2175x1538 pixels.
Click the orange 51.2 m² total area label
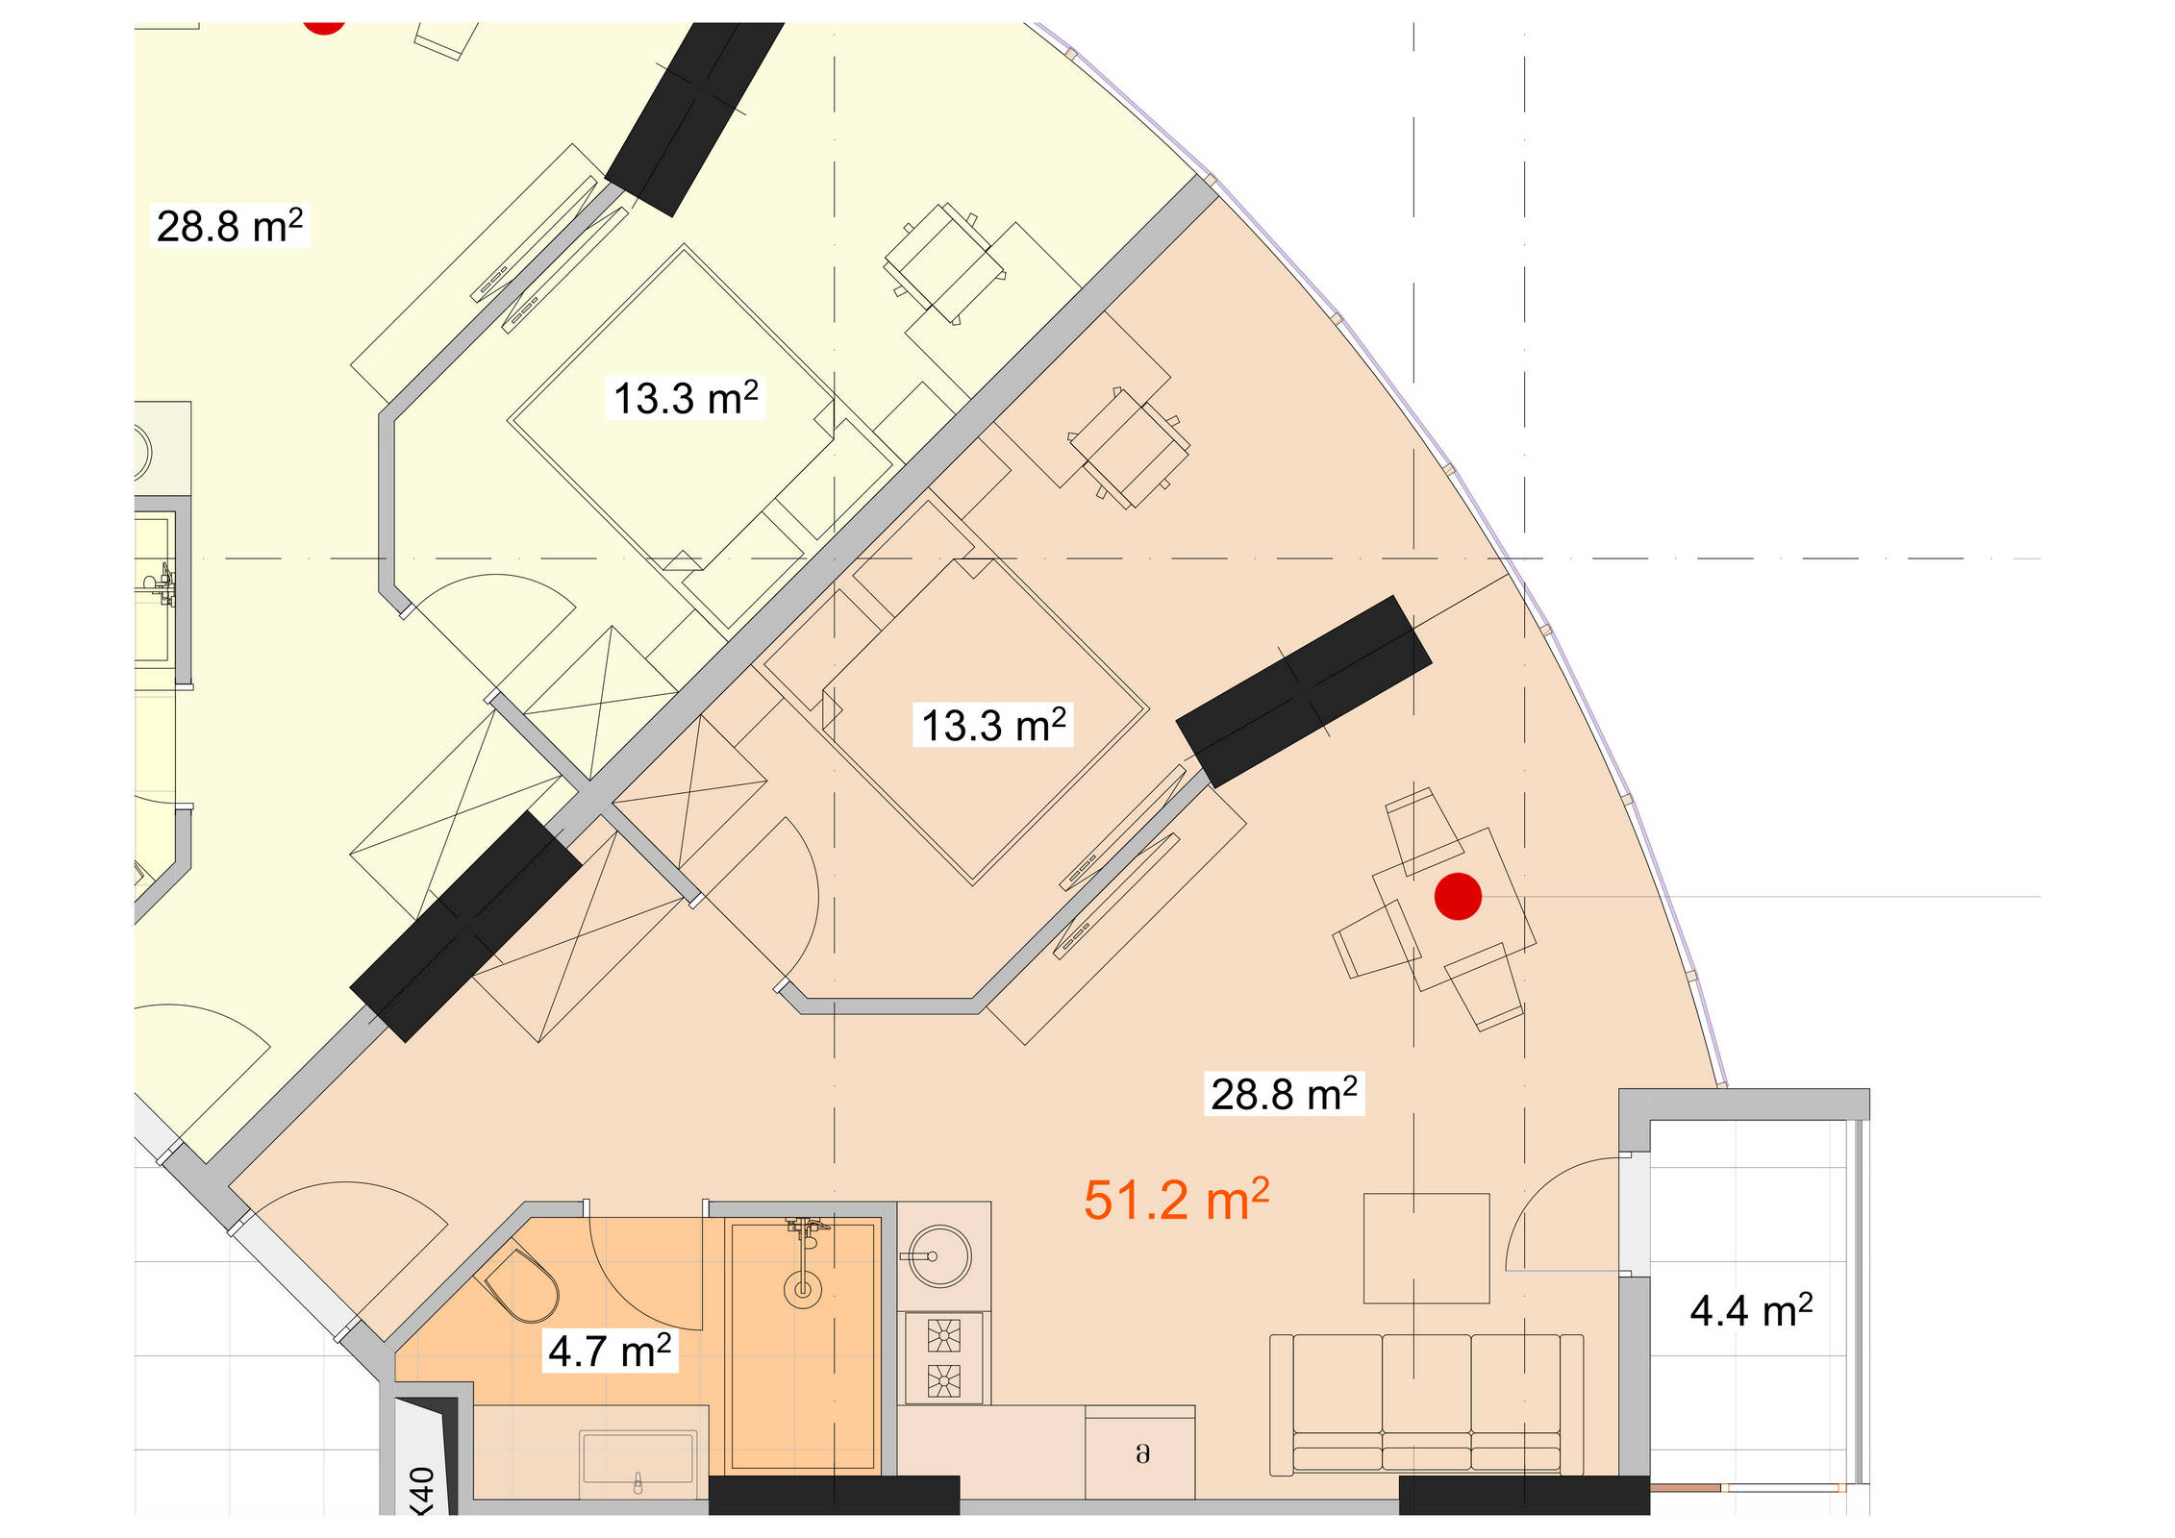click(1176, 1200)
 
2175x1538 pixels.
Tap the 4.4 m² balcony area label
click(1751, 1310)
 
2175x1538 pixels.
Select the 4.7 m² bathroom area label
click(610, 1351)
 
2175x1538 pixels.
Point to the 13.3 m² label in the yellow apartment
click(686, 398)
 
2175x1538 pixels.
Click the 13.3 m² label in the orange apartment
click(993, 725)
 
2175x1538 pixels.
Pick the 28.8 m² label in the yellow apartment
click(230, 226)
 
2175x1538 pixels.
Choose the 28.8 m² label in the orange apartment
click(1284, 1094)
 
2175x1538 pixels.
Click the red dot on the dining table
click(1458, 896)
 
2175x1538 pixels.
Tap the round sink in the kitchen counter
click(939, 1255)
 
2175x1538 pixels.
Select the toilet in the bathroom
click(521, 1285)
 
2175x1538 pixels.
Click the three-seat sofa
click(1426, 1404)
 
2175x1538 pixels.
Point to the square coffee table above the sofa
click(1426, 1248)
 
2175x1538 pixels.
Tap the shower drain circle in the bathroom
click(802, 1289)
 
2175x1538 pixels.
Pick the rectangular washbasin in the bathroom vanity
click(637, 1457)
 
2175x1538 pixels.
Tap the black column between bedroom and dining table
click(1304, 691)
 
